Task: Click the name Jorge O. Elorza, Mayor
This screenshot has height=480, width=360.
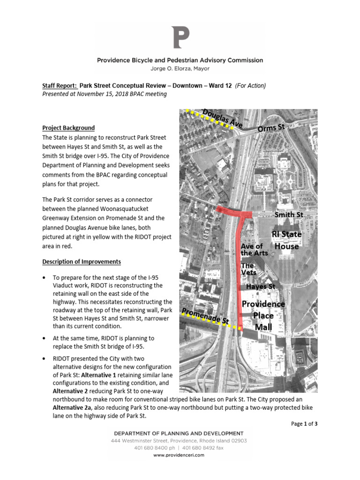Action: (x=180, y=68)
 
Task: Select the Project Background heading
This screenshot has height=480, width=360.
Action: (x=68, y=127)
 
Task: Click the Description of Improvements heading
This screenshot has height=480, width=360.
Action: (x=82, y=262)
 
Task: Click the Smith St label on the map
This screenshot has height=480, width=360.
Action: (x=289, y=215)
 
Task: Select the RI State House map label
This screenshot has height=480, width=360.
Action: (x=286, y=240)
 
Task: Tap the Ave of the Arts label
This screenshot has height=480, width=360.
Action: (x=255, y=249)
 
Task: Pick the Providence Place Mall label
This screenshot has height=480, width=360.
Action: (x=263, y=315)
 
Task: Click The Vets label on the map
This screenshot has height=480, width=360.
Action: (x=248, y=269)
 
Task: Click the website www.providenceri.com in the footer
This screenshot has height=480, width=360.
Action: (x=180, y=455)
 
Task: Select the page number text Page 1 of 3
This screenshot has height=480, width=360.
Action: (x=304, y=424)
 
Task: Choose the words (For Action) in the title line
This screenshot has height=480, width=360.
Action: (x=250, y=86)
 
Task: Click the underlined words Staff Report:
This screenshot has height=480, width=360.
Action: (x=60, y=86)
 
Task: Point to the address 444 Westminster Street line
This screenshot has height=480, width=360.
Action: (x=180, y=441)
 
